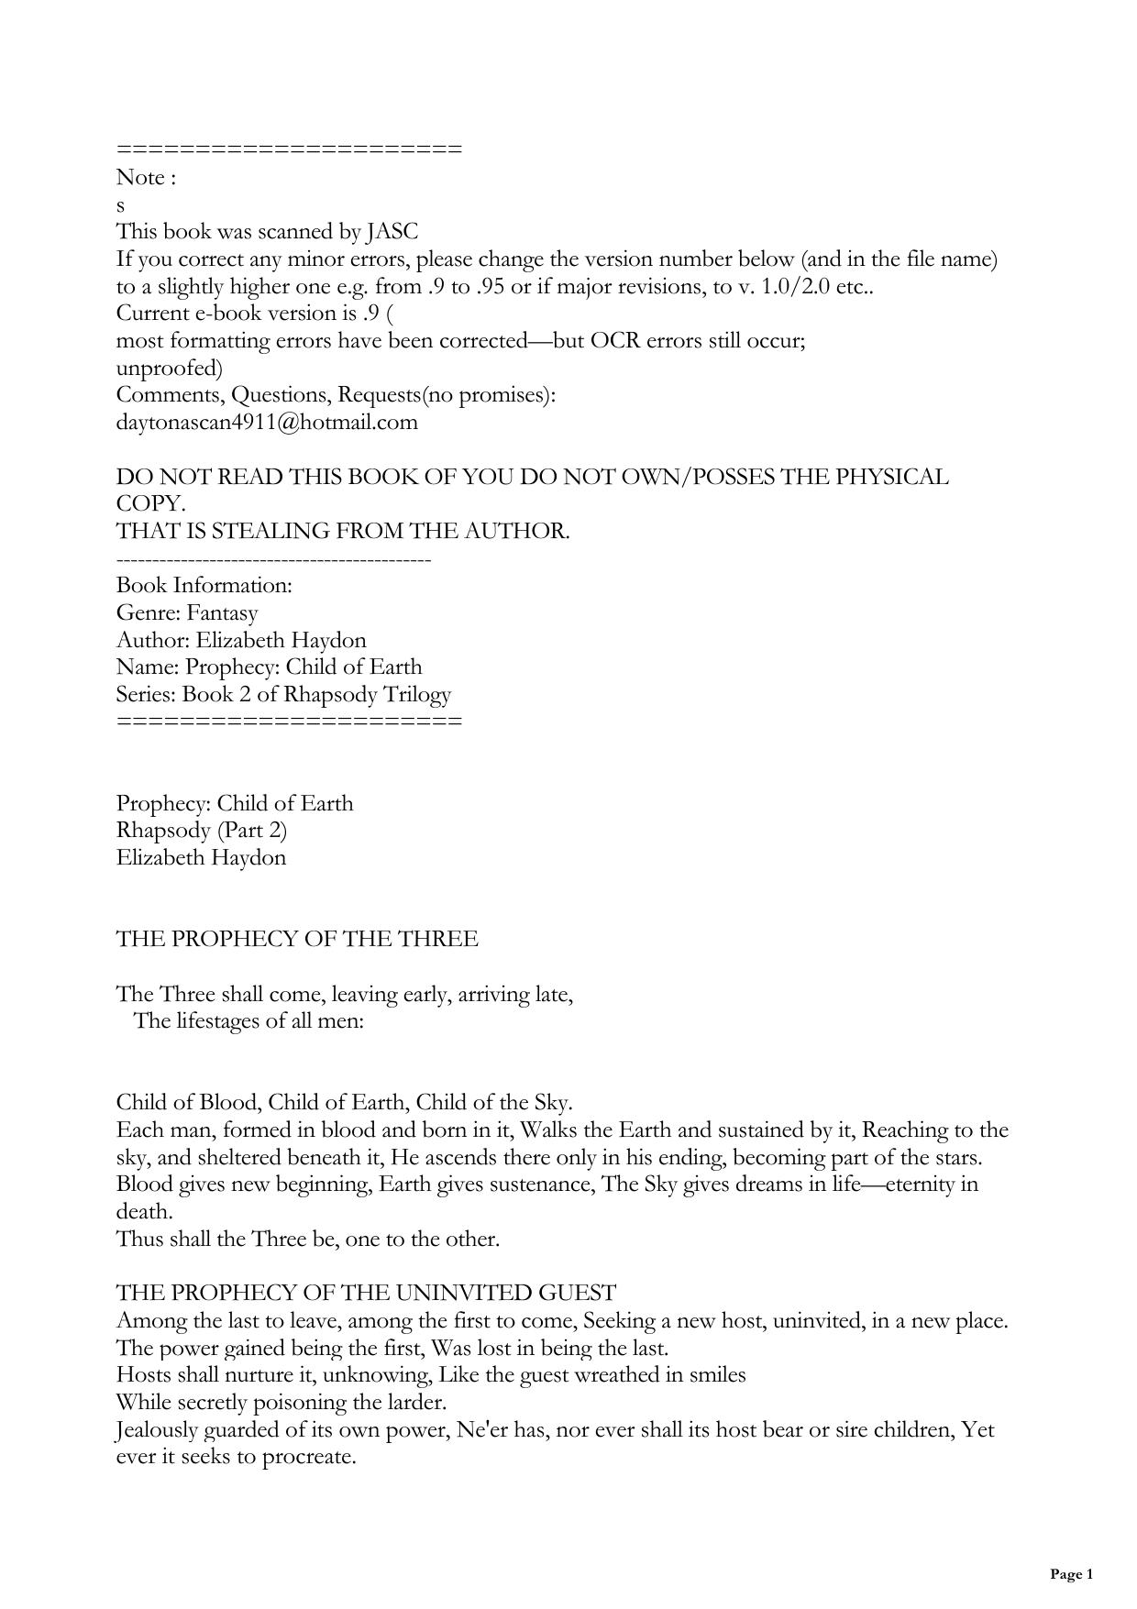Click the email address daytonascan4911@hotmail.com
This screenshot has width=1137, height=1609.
point(267,423)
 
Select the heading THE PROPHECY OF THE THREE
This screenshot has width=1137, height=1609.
point(297,939)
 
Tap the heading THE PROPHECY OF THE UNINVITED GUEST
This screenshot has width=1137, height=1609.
point(366,1293)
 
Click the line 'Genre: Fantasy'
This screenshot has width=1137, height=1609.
point(187,612)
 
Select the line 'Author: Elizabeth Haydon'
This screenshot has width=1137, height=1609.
point(241,640)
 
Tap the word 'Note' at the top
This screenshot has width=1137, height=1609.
point(140,178)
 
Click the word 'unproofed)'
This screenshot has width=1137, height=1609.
point(170,369)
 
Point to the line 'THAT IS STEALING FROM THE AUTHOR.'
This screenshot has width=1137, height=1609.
point(343,532)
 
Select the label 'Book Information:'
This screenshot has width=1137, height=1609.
point(204,586)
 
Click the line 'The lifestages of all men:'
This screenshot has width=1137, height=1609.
point(249,1020)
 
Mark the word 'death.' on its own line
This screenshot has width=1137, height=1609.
point(144,1212)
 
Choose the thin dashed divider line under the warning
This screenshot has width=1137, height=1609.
point(273,559)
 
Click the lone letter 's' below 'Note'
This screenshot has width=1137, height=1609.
point(121,205)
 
